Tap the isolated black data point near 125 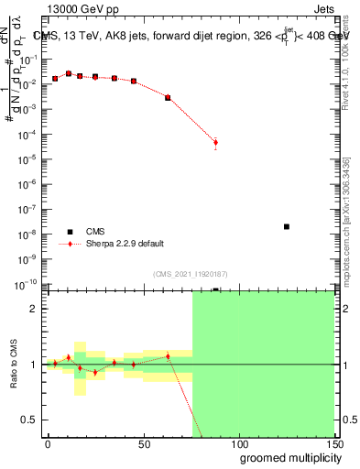point(287,226)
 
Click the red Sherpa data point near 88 point(215,142)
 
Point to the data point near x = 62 point(168,97)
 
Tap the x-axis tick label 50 point(144,443)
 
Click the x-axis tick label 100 point(238,443)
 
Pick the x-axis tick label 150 point(333,443)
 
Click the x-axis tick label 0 point(48,443)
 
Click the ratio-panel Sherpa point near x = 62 point(168,356)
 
